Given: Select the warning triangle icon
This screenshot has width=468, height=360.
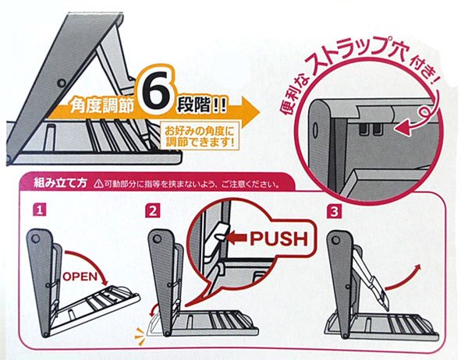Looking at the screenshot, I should click(x=97, y=185).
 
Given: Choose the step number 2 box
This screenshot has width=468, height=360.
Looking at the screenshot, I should click(x=154, y=209).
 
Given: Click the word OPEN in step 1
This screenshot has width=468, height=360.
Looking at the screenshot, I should click(x=79, y=276).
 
